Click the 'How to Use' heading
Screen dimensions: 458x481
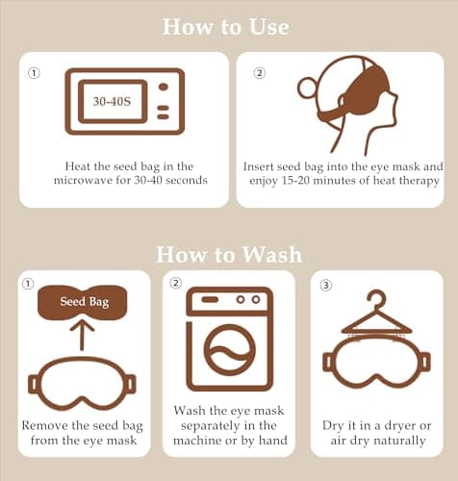[x=226, y=27]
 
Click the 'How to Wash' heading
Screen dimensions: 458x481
[x=229, y=255]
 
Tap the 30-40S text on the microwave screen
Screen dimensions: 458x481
[x=112, y=101]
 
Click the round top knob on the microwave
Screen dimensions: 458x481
[x=164, y=87]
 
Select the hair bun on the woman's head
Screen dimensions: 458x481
[x=307, y=88]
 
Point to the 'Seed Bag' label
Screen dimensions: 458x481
[x=85, y=301]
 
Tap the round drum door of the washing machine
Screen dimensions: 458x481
[x=230, y=350]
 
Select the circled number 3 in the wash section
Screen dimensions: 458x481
[x=326, y=285]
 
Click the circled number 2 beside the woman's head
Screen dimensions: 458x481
[x=260, y=73]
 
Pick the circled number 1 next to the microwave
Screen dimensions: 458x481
[x=34, y=73]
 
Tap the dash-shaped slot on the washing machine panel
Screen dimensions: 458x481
[x=210, y=299]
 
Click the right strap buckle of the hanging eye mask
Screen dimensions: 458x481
[x=425, y=363]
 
